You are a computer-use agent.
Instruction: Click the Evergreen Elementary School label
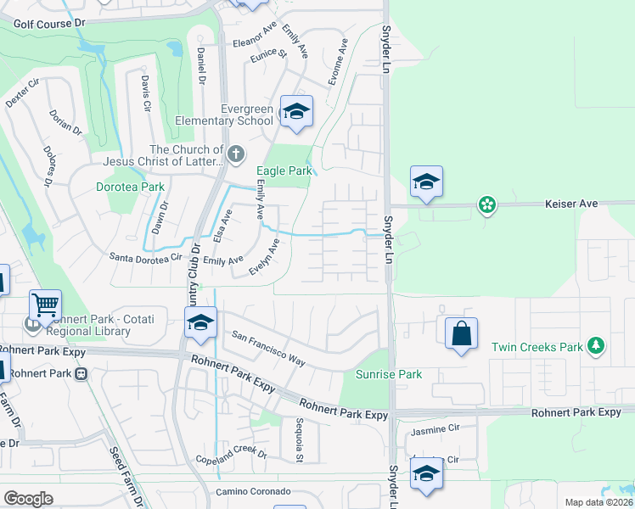[224, 115]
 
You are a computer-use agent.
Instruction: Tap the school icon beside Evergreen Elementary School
[296, 111]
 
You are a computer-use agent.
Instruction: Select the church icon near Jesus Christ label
[236, 154]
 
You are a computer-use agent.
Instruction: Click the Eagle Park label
[284, 171]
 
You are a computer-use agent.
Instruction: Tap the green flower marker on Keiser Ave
[486, 204]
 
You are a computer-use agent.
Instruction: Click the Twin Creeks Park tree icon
[597, 345]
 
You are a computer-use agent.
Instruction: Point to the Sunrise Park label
[388, 374]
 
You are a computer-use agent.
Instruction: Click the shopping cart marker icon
[45, 305]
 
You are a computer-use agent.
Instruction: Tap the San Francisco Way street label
[268, 348]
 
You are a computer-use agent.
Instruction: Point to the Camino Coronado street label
[253, 492]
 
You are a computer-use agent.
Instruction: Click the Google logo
[28, 499]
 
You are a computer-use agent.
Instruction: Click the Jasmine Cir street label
[435, 432]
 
